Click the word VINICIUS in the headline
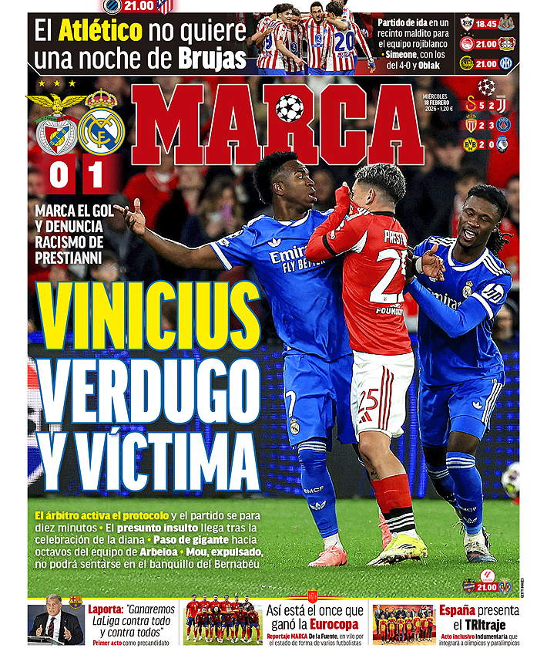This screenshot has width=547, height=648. coord(149,316)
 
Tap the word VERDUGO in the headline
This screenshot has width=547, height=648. coord(149,391)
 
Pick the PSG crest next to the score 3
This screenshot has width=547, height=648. coord(503,123)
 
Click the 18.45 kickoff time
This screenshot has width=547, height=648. coord(485,24)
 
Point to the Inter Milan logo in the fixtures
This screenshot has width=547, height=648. coord(506,63)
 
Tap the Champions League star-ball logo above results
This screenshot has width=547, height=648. coord(486,86)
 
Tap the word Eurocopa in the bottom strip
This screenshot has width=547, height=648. coord(336,623)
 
